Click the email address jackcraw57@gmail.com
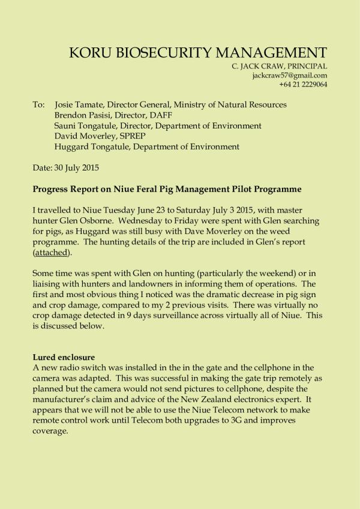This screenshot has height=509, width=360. point(290,76)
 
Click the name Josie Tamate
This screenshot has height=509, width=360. point(80,105)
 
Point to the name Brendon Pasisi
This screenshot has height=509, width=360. point(83,115)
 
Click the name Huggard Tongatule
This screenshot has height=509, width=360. point(92,146)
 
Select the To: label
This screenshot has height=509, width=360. point(38,105)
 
